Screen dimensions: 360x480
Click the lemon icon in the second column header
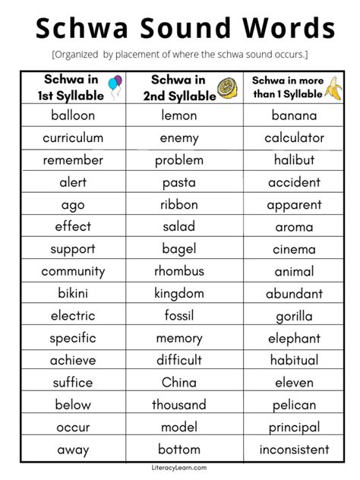click(x=226, y=87)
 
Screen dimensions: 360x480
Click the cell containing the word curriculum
click(x=73, y=137)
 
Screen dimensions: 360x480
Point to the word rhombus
click(x=179, y=271)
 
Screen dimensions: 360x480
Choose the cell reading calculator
click(x=294, y=137)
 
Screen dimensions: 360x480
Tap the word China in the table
click(x=179, y=382)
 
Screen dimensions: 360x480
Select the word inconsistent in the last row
click(x=294, y=449)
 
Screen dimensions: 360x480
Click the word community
click(x=73, y=271)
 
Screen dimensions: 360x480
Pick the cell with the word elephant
click(x=294, y=338)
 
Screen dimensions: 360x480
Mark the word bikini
click(x=73, y=293)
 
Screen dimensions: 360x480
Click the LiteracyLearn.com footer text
click(x=179, y=468)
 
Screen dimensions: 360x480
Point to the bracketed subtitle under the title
click(x=179, y=55)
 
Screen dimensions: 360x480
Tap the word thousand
click(x=179, y=404)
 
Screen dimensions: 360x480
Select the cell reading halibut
click(x=294, y=159)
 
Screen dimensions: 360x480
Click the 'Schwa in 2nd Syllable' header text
click(x=178, y=87)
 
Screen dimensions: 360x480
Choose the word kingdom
click(x=179, y=293)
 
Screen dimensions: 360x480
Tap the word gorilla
click(x=294, y=316)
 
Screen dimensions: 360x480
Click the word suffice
click(x=73, y=382)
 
